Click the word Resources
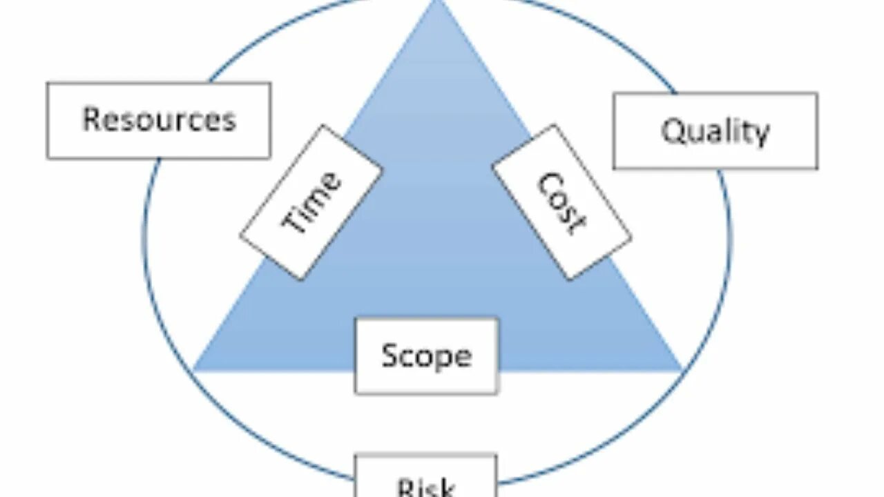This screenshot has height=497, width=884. (159, 119)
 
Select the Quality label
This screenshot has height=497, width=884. (715, 130)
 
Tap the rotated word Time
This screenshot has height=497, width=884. (311, 202)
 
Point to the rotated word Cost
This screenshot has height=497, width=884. (561, 202)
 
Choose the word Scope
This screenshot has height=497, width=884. (426, 355)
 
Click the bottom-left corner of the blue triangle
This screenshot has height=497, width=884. (195, 370)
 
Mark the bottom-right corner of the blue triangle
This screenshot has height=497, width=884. (682, 370)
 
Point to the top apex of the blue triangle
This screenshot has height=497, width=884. (436, 2)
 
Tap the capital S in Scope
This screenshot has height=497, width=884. (391, 355)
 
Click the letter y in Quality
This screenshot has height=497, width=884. (760, 134)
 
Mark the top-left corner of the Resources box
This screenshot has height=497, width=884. (48, 84)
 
